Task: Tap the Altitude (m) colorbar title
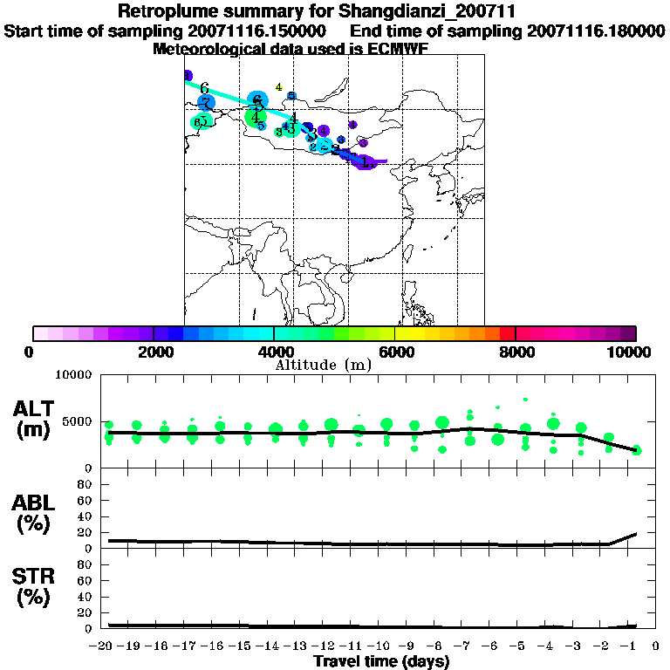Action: pyautogui.click(x=323, y=364)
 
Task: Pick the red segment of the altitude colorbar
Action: pyautogui.click(x=508, y=333)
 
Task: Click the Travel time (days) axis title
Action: pyautogui.click(x=381, y=662)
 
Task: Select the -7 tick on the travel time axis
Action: pyautogui.click(x=465, y=646)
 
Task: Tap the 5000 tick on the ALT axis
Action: pyautogui.click(x=79, y=421)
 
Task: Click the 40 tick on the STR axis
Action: pyautogui.click(x=85, y=597)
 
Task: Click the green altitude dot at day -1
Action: pyautogui.click(x=637, y=450)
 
